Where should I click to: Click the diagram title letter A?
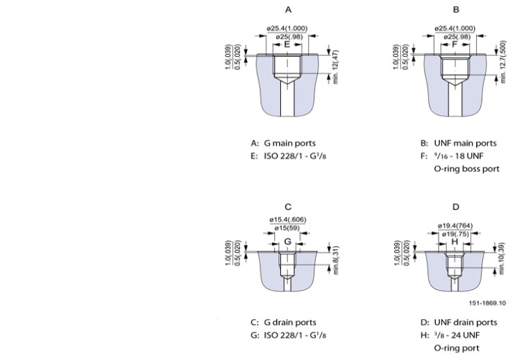click(x=288, y=10)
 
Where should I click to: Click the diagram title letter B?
click(x=456, y=10)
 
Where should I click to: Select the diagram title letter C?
click(x=288, y=207)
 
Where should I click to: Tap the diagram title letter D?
click(x=456, y=207)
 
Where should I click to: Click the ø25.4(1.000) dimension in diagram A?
click(x=287, y=28)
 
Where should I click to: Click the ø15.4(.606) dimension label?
click(x=287, y=220)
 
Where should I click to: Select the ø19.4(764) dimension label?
click(x=456, y=225)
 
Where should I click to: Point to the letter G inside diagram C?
click(x=287, y=242)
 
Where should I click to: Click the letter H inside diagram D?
click(x=455, y=242)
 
